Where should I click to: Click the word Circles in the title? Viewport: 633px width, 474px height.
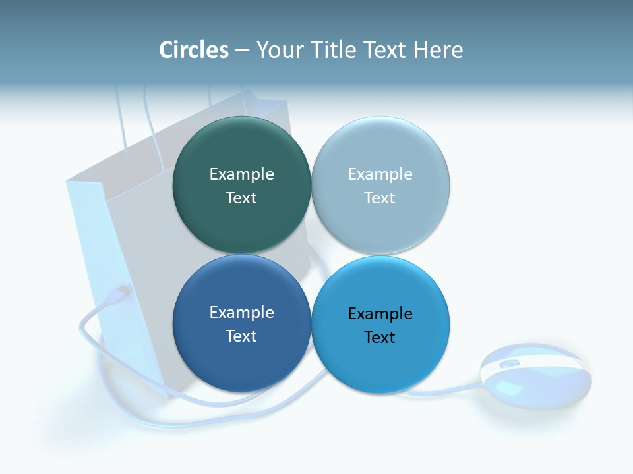point(194,49)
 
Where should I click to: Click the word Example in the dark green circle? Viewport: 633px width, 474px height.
point(241,174)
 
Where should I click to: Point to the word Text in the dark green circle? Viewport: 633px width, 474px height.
point(241,197)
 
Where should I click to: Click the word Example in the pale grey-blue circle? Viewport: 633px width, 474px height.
point(380,174)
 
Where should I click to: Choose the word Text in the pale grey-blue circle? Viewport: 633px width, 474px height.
point(380,197)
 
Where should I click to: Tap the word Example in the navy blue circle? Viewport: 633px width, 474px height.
point(241,312)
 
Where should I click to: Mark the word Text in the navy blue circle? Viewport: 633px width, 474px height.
point(241,336)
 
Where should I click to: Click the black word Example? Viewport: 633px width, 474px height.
point(380,313)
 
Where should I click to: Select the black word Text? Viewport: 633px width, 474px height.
point(380,337)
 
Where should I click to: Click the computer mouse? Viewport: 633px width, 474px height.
point(535,375)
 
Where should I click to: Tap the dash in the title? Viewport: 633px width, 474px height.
point(242,51)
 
